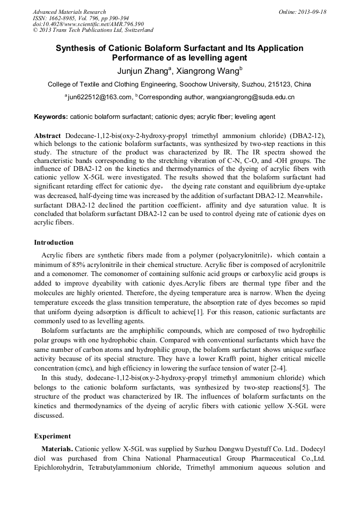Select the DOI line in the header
point(88,24)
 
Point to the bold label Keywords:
point(51,117)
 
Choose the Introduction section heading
point(54,243)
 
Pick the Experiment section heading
point(53,436)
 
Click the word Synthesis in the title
point(78,48)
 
